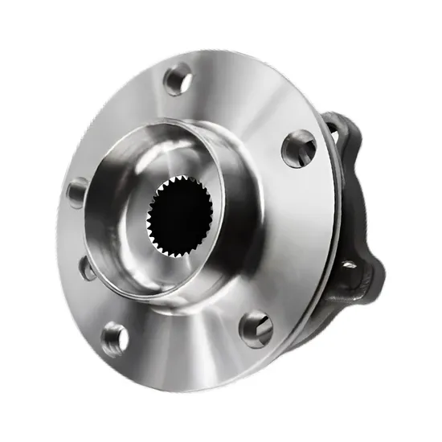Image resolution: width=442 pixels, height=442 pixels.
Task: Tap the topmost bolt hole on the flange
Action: click(x=178, y=80)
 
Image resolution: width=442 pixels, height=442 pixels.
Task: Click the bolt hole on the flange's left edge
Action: click(x=77, y=193)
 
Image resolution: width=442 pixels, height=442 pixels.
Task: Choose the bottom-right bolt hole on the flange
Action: click(x=256, y=328)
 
